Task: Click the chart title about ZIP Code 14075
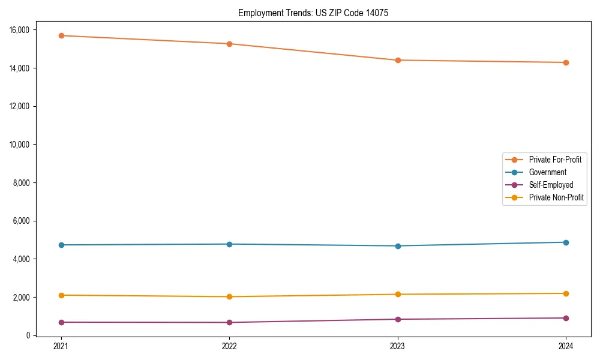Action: [x=313, y=13]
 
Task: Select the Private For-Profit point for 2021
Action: [x=61, y=35]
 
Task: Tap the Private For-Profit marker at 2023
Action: [x=398, y=60]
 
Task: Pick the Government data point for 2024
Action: [x=566, y=242]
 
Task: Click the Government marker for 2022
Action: [x=229, y=244]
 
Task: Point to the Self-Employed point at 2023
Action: [x=398, y=319]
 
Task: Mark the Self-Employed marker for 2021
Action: [x=61, y=322]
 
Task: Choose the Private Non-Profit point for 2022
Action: [x=229, y=296]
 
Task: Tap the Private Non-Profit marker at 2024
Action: [x=566, y=293]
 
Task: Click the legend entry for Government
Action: [x=547, y=172]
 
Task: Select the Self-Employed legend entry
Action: [x=551, y=185]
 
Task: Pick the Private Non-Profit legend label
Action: [x=556, y=197]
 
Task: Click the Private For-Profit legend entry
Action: [x=555, y=160]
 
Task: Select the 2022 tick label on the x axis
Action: [x=229, y=346]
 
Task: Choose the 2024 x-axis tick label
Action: [x=566, y=346]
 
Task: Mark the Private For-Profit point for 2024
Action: [x=566, y=62]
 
